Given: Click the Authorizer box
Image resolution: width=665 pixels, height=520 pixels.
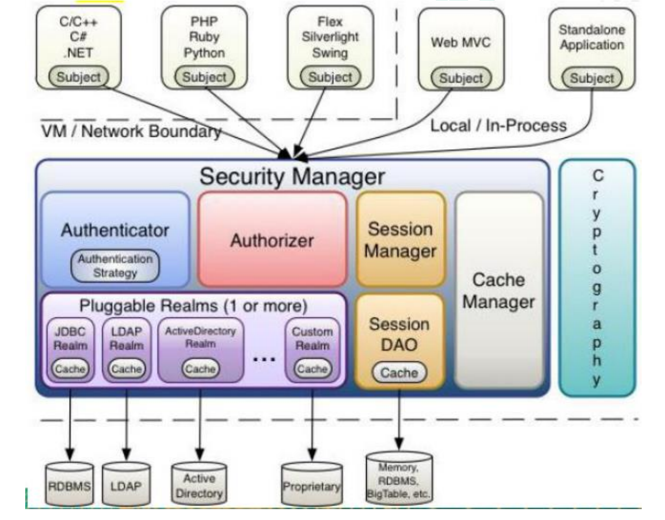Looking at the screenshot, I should (272, 240).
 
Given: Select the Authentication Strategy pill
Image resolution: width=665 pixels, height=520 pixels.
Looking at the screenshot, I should (115, 266).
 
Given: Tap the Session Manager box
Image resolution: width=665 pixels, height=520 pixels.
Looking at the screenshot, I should (400, 239).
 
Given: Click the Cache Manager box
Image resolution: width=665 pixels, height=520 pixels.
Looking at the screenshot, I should (499, 291).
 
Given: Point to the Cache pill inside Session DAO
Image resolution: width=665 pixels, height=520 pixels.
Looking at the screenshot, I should (399, 373).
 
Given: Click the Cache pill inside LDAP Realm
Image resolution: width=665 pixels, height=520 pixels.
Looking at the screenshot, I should (126, 369).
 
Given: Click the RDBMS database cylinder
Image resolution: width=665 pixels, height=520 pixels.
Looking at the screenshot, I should (69, 485).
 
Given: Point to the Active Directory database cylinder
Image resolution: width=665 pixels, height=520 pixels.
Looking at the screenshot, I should (199, 485).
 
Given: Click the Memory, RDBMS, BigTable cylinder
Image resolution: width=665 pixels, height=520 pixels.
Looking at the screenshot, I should (399, 479).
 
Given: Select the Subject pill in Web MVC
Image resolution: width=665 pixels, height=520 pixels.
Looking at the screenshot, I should (461, 78).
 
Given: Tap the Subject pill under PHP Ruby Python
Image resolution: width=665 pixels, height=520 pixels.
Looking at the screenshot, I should (204, 77).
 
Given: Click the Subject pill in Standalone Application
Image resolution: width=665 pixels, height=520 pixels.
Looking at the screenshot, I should (592, 78).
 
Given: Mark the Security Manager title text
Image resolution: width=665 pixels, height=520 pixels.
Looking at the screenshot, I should (292, 176).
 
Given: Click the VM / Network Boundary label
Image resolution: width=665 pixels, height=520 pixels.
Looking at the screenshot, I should (131, 131).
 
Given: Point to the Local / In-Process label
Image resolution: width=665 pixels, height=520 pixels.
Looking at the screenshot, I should (498, 126).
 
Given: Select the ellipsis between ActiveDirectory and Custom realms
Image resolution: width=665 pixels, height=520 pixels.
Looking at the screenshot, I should (264, 359).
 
